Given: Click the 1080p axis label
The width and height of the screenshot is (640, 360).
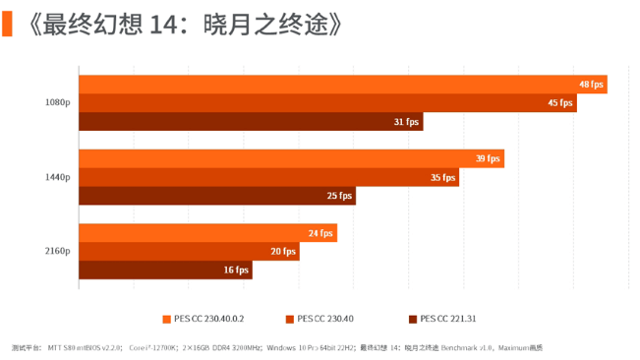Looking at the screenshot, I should tap(57, 103).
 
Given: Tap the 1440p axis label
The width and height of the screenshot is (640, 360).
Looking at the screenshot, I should tap(57, 177).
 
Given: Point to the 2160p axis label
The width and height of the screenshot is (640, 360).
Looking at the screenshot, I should tap(57, 252).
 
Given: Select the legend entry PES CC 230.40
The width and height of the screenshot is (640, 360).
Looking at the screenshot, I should tap(324, 318).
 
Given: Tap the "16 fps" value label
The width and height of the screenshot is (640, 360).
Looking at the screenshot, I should tap(237, 270).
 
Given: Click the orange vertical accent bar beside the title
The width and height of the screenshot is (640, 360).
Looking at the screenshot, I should tap(7, 23).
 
